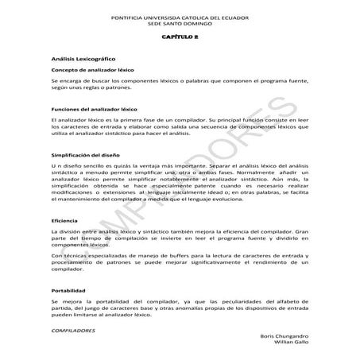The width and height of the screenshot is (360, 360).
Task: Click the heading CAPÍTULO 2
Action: pos(180,37)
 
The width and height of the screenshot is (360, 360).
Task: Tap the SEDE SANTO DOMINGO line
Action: pos(180,22)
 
